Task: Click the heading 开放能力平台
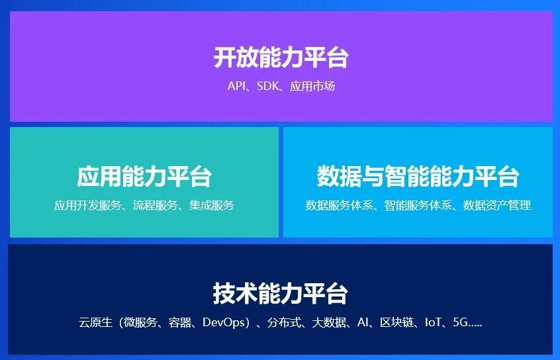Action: point(281,58)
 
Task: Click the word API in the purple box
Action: point(236,86)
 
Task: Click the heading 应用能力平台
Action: point(144,177)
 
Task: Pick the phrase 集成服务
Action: point(212,205)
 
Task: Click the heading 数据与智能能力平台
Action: point(418,177)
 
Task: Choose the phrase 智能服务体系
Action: point(418,205)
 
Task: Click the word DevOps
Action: point(225,323)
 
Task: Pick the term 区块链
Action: point(397,323)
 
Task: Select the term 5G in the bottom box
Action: point(460,323)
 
